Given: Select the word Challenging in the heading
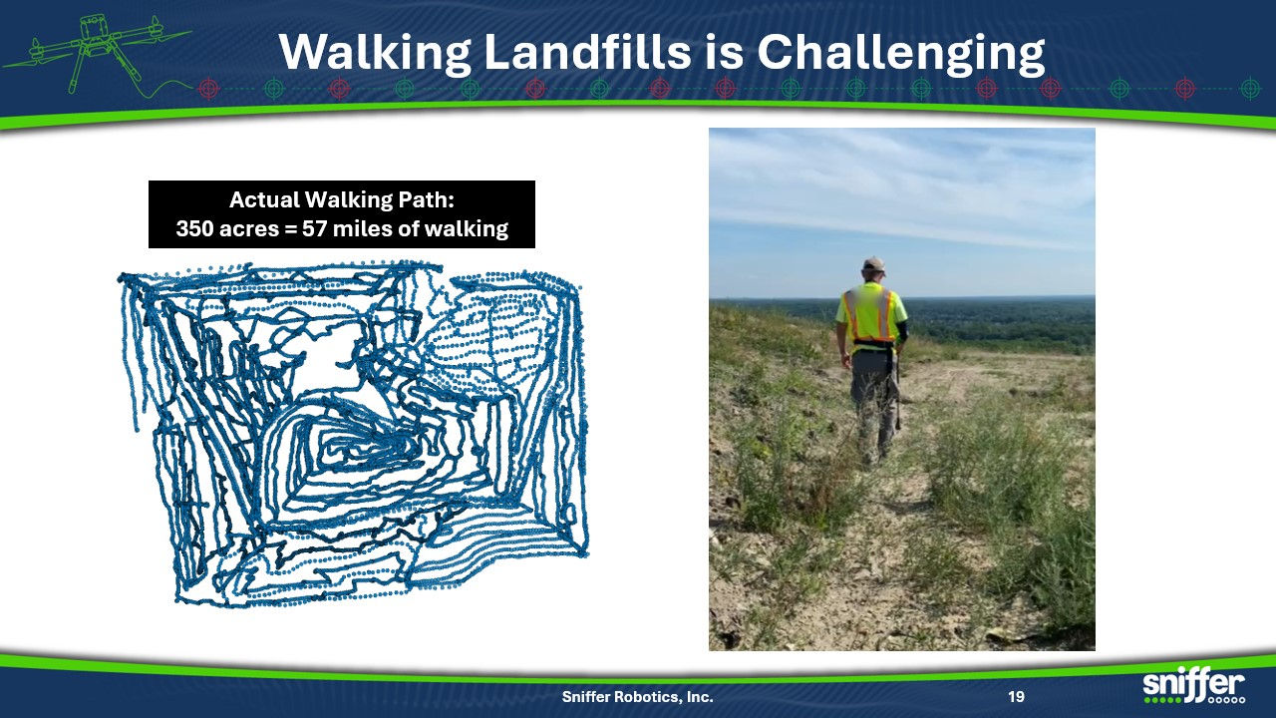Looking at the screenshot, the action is (x=902, y=54).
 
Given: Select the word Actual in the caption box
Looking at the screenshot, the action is (x=264, y=200).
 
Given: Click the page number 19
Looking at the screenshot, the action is (x=1016, y=696).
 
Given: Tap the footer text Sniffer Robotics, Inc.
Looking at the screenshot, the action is (x=637, y=696).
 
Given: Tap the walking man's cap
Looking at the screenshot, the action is (x=873, y=264).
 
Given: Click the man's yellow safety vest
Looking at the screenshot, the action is (x=870, y=314).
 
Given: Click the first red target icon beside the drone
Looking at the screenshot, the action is (x=208, y=89).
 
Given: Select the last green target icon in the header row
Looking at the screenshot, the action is (x=1250, y=89).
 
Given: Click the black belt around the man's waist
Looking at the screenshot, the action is (x=872, y=345).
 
